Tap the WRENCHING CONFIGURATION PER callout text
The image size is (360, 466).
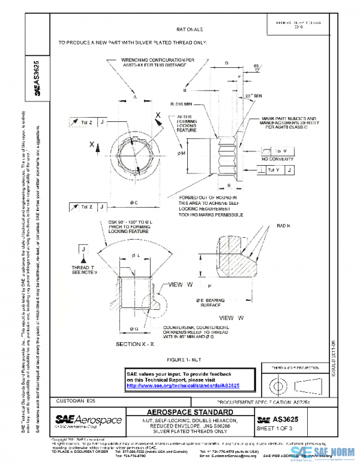click(x=149, y=61)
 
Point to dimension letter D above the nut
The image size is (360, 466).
click(x=226, y=62)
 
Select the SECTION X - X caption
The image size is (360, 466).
click(x=135, y=343)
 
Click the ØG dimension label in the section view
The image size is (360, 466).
click(x=134, y=328)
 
